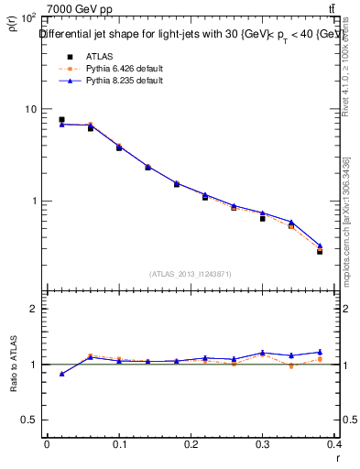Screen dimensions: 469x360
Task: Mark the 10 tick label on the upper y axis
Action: pos(29,109)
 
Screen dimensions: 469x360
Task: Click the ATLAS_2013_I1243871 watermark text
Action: pos(191,274)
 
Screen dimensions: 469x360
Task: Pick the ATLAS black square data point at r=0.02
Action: pos(61,119)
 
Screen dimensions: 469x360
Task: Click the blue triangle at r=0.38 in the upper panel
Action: pos(320,245)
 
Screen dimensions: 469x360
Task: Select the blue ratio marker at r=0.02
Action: pos(61,374)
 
